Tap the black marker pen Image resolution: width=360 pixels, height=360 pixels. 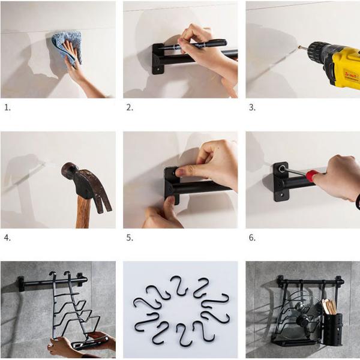pos(193,44)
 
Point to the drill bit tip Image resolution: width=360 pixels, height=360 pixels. pos(299,47)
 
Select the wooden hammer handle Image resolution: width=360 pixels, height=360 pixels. pos(83,212)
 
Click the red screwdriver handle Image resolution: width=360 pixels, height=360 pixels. pos(313,175)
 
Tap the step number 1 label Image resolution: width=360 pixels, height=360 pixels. pos(7,107)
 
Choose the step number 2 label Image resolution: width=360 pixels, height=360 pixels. pos(130,107)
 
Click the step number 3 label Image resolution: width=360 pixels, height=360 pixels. pos(252,107)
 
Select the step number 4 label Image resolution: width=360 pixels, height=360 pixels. pos(7,238)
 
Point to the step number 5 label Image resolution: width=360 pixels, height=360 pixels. pos(130,238)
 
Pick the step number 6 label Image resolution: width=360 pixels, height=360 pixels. pos(252,238)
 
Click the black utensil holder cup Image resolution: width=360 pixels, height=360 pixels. pos(332,329)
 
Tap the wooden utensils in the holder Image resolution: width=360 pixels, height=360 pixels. pos(329,307)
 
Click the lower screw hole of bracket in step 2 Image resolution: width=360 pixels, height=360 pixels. pos(158,68)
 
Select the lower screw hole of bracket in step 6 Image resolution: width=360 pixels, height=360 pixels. pos(281,196)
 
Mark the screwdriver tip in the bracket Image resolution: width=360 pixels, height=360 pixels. pos(282,169)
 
